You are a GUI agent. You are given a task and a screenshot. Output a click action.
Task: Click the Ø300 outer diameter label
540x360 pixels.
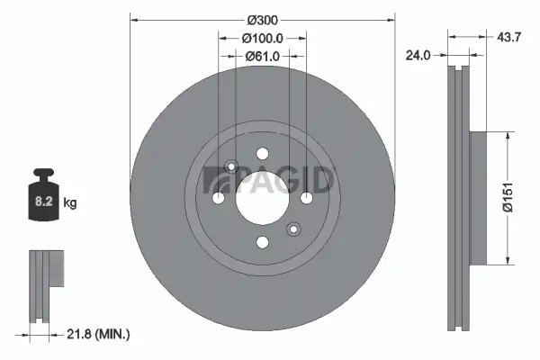[x=263, y=20]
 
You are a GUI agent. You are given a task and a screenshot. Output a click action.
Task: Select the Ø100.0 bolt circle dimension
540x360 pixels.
[x=263, y=38]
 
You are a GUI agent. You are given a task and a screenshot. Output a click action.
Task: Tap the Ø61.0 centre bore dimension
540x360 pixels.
[x=263, y=56]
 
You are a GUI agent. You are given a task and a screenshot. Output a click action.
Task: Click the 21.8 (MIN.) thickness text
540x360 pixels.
[x=99, y=334]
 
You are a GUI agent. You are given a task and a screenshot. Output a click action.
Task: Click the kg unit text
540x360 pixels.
[x=70, y=203]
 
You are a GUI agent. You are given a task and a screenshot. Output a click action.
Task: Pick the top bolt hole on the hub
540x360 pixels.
[x=262, y=153]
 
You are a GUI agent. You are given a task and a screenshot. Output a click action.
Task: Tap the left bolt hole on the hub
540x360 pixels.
[x=219, y=197]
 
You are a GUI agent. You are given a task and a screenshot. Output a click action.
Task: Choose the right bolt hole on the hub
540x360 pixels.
[x=306, y=197]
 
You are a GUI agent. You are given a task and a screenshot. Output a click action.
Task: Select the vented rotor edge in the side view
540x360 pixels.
[x=458, y=197]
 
